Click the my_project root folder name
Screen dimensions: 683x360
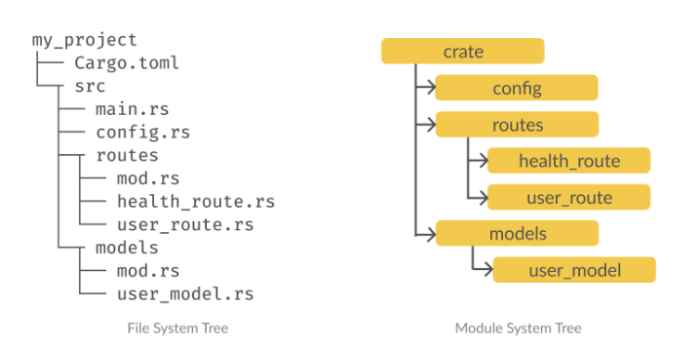click(84, 41)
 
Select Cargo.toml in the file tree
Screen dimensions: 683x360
click(127, 63)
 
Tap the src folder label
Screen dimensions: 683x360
click(90, 86)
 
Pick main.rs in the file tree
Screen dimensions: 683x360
click(132, 109)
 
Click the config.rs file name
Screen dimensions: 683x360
click(143, 133)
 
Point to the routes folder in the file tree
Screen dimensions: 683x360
click(127, 155)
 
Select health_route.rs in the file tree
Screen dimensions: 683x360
click(196, 201)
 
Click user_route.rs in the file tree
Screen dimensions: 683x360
click(186, 225)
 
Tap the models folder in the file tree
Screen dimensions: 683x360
click(127, 248)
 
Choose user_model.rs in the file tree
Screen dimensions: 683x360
click(186, 294)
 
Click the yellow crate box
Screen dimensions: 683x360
click(462, 51)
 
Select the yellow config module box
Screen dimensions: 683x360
click(517, 87)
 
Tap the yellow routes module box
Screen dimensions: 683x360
click(517, 124)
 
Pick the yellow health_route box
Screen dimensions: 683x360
click(569, 161)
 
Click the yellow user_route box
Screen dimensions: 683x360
click(569, 198)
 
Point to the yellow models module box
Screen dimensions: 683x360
click(517, 233)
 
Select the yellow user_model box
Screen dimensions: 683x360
click(574, 270)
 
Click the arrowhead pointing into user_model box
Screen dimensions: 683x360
click(489, 269)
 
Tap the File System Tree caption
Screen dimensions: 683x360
click(178, 328)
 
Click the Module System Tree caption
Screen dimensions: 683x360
click(519, 328)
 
